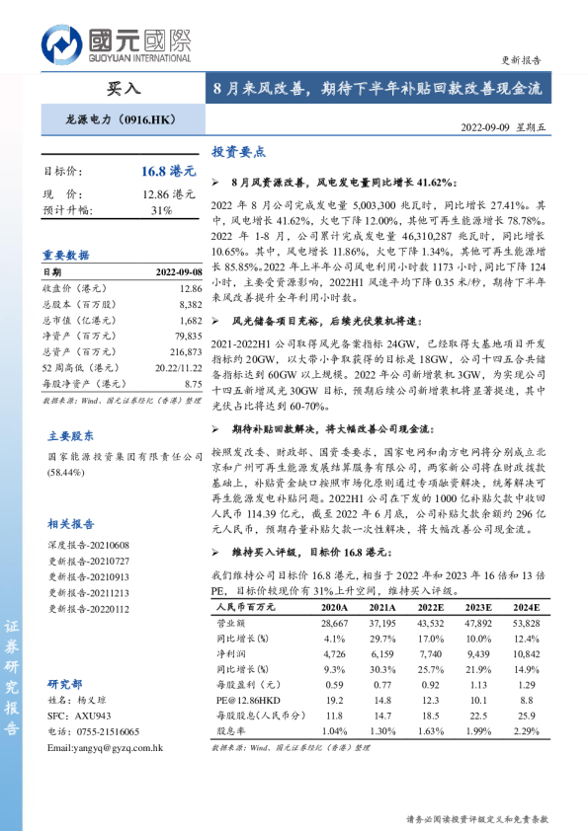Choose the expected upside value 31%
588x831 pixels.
pyautogui.click(x=161, y=210)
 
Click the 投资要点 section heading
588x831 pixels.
pyautogui.click(x=238, y=153)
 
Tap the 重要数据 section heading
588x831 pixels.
pyautogui.click(x=65, y=254)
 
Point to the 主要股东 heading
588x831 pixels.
pyautogui.click(x=71, y=434)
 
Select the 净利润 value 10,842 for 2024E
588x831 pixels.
pyautogui.click(x=527, y=653)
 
